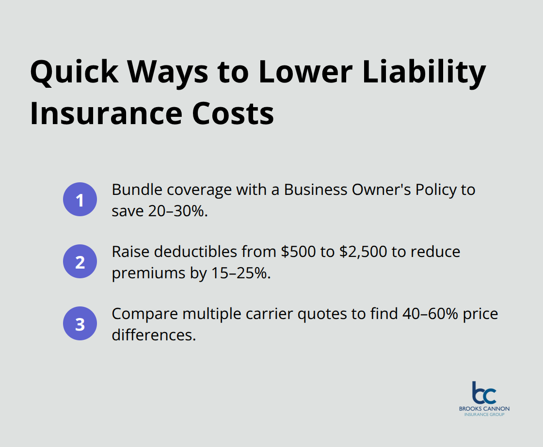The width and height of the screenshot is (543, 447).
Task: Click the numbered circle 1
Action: click(80, 200)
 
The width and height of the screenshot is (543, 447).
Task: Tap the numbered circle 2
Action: click(80, 262)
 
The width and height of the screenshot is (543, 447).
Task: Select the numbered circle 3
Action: click(80, 324)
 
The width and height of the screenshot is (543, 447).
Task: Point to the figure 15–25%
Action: click(241, 273)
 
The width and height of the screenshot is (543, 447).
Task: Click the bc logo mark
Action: click(484, 393)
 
